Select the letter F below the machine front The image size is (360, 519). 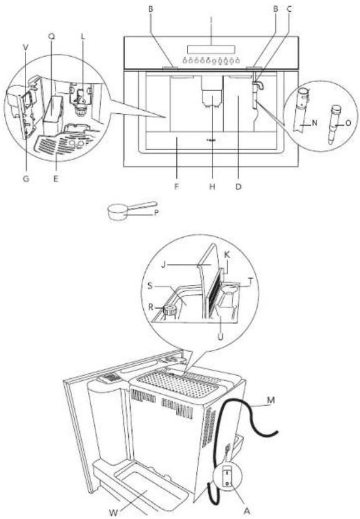click(176, 185)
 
